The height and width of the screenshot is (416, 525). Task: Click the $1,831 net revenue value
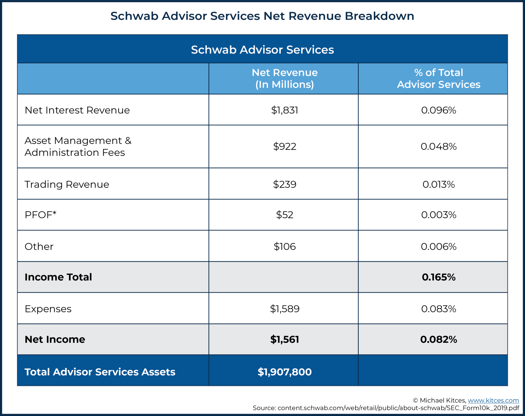[285, 110]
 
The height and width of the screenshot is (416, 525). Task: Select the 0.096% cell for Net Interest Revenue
[439, 110]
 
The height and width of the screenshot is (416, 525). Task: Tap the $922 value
[285, 147]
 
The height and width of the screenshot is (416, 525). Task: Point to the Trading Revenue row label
[67, 184]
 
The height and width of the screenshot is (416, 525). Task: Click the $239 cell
[285, 184]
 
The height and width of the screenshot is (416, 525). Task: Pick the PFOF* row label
[41, 215]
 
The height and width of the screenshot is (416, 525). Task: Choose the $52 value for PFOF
[285, 215]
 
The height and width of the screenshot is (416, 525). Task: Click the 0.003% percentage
[439, 215]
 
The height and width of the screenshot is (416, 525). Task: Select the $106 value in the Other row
[285, 247]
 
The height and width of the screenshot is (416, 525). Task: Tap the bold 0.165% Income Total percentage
[439, 277]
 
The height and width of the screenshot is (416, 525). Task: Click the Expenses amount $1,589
[285, 309]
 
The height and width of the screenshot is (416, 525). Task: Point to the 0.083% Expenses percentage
[439, 309]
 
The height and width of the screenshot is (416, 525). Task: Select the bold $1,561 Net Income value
[285, 339]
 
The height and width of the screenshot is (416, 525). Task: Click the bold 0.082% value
[439, 339]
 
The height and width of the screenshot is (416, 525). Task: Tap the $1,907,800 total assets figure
[285, 372]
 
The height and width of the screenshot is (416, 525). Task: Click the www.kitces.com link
[493, 400]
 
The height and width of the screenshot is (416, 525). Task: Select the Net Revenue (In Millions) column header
[285, 78]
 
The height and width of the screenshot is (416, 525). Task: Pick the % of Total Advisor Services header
[439, 78]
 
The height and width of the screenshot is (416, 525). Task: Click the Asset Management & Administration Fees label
[78, 147]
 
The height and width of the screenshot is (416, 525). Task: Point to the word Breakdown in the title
[379, 16]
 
